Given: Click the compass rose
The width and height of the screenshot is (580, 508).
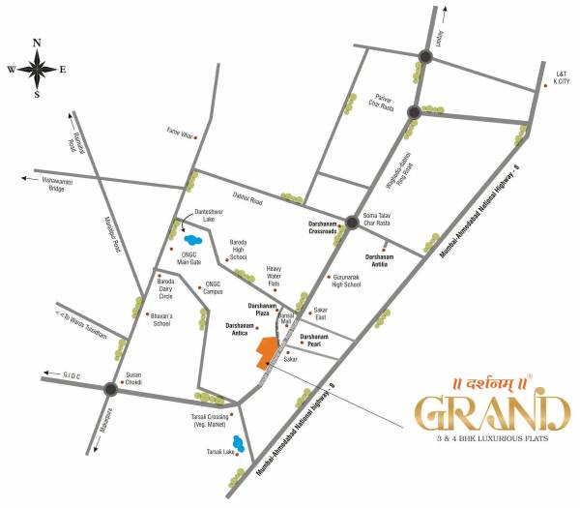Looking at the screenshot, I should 36,68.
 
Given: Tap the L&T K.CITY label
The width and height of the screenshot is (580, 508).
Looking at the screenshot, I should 563,77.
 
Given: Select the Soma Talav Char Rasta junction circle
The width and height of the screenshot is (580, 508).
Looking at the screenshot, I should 353,222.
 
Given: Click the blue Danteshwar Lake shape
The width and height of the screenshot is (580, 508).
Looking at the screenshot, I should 193,238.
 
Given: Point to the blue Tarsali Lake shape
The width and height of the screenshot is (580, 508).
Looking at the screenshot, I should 236,444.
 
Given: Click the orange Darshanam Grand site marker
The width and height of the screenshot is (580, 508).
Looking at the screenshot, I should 265,351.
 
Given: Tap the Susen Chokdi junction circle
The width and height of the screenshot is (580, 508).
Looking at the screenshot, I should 111,389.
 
